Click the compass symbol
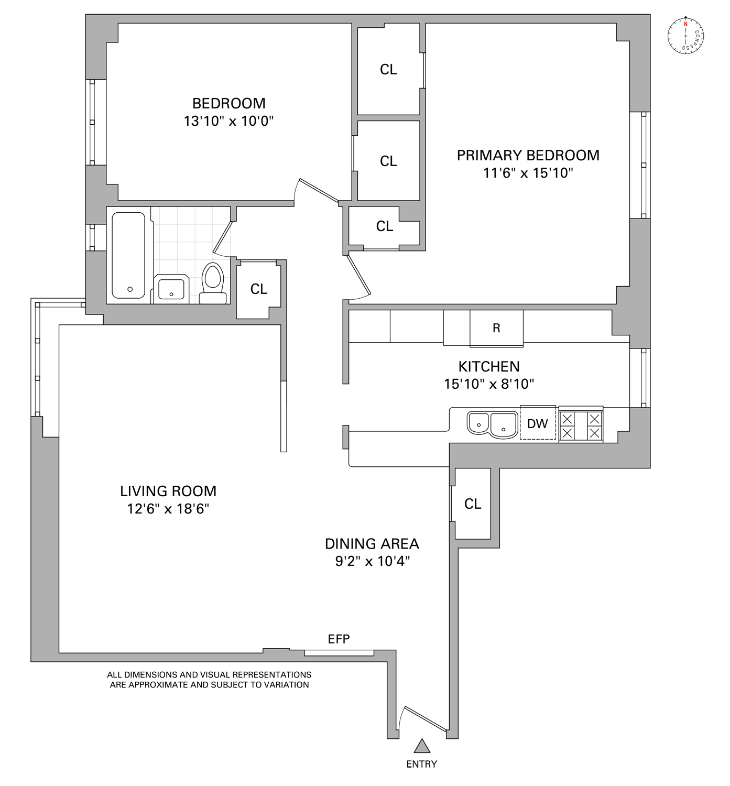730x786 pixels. tap(685, 36)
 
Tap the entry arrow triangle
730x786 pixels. tap(422, 746)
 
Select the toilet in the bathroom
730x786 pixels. tap(213, 283)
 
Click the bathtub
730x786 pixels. tap(128, 255)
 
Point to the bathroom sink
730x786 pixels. tap(170, 289)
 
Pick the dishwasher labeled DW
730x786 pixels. tap(538, 423)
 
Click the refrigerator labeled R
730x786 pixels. tap(496, 328)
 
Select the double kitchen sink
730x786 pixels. tap(492, 424)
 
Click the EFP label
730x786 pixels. tap(339, 639)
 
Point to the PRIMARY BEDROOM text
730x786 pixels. tap(528, 155)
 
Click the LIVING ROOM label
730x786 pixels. tap(168, 491)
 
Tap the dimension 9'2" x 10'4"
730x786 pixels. tap(372, 561)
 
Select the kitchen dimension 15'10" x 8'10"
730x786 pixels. tap(489, 384)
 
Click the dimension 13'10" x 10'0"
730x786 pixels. tap(229, 121)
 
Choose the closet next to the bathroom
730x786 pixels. tap(258, 289)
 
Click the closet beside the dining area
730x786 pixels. tap(473, 504)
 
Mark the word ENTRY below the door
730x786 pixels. tap(421, 764)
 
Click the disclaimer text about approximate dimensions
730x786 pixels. tap(209, 680)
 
